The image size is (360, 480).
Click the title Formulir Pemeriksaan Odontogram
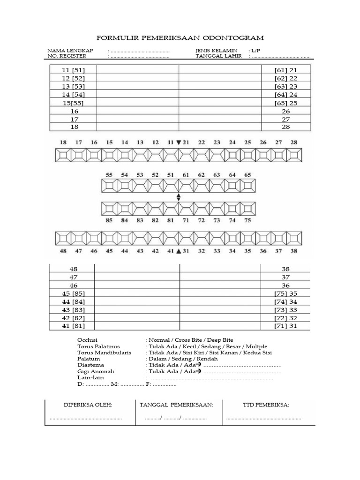tap(180, 37)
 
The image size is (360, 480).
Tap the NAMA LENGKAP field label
tap(70, 50)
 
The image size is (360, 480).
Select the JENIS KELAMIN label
tap(217, 50)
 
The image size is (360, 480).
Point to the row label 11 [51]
tap(73, 70)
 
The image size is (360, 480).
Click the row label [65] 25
tap(286, 103)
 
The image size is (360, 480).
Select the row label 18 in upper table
tap(73, 127)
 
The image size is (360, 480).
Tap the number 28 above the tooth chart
tap(294, 142)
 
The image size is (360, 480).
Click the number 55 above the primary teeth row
tap(109, 174)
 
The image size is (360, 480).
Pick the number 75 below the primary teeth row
tap(247, 219)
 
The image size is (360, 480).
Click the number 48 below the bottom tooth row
tap(63, 251)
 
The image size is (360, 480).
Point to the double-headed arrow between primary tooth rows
tap(178, 197)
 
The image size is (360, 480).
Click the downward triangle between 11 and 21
tap(178, 142)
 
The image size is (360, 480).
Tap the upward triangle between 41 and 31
tap(178, 251)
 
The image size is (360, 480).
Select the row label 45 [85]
tap(73, 294)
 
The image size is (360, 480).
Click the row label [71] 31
tap(286, 326)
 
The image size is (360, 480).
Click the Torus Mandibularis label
tap(104, 352)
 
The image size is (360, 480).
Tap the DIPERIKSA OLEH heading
tap(88, 405)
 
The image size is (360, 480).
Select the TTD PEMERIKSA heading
tap(265, 405)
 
